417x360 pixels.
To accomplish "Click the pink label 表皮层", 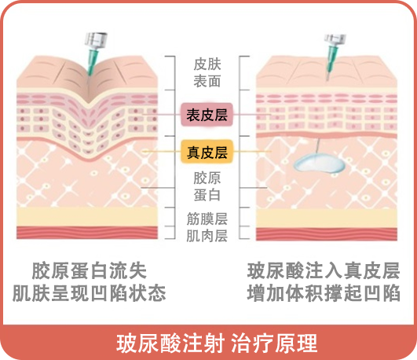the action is [x=207, y=115].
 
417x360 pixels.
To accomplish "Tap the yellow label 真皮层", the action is [x=207, y=152].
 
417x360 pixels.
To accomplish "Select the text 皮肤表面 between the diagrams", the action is [x=207, y=72].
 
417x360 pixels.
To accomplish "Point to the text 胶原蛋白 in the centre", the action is [x=207, y=186].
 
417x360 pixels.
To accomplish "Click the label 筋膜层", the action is [x=207, y=219].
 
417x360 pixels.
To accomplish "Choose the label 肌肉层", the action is [x=207, y=236].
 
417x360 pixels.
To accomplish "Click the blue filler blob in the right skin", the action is [x=319, y=163].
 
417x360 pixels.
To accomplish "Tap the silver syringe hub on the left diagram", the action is [x=96, y=41].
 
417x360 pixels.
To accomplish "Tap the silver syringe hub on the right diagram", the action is [x=335, y=40].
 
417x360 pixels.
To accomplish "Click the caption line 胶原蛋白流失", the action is [x=89, y=271].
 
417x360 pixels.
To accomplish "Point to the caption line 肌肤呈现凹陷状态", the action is [x=89, y=293].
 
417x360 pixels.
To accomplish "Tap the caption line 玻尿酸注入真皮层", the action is [x=324, y=271].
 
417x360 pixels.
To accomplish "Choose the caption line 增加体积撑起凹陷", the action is [x=324, y=293].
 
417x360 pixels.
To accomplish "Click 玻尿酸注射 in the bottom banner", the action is [x=170, y=343].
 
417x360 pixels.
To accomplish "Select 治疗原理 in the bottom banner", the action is [x=274, y=343].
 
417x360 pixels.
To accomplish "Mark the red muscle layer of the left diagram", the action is [x=87, y=233].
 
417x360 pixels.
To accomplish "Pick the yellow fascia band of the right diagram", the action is [x=327, y=219].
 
